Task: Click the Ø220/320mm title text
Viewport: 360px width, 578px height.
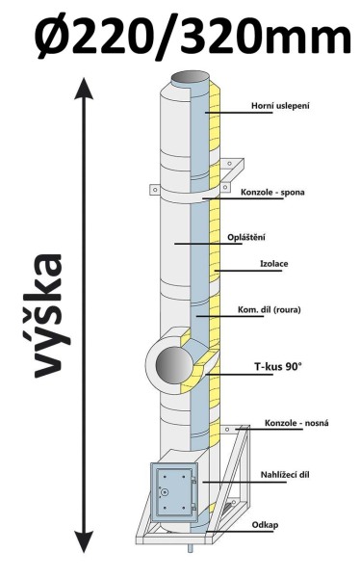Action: pyautogui.click(x=193, y=35)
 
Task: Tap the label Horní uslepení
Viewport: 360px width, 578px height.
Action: pyautogui.click(x=280, y=106)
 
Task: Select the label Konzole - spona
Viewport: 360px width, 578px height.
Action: pyautogui.click(x=272, y=192)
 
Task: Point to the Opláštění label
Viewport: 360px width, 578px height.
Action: pyautogui.click(x=246, y=237)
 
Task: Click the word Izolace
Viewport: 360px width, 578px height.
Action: pyautogui.click(x=274, y=264)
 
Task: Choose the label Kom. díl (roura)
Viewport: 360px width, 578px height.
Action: pyautogui.click(x=270, y=309)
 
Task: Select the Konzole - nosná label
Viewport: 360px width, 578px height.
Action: pyautogui.click(x=296, y=423)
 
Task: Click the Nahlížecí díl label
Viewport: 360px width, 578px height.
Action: pyautogui.click(x=285, y=474)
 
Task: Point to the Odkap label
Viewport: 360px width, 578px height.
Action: pyautogui.click(x=266, y=525)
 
